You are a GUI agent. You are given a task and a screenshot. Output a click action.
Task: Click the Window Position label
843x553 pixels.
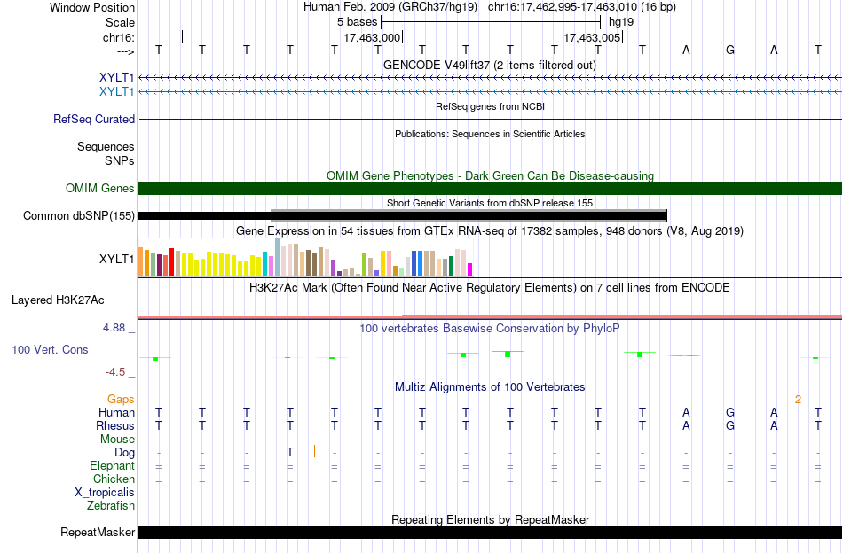coord(92,7)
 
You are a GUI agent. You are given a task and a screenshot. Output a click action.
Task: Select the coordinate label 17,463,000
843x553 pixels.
coord(372,37)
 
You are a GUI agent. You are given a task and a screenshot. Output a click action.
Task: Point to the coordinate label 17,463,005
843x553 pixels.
coord(592,37)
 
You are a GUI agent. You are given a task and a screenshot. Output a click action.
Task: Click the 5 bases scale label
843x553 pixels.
coord(357,22)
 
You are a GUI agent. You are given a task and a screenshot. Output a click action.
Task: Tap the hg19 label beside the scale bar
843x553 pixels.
coord(621,22)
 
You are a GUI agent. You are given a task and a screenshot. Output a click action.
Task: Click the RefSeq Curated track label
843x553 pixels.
coord(94,119)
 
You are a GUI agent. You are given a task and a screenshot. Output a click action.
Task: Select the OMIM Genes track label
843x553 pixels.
coord(100,189)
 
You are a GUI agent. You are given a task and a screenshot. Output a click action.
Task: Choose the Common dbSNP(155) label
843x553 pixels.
coord(79,216)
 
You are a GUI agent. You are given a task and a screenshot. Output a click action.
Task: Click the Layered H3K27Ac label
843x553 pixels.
coord(58,300)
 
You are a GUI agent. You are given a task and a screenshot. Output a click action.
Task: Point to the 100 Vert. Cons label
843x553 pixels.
coord(50,349)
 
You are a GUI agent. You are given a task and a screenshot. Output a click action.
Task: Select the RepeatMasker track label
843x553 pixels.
coord(98,532)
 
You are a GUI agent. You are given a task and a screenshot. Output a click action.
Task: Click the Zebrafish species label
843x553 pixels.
coord(111,505)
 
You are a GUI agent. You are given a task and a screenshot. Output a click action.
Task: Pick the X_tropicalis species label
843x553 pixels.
coord(105,493)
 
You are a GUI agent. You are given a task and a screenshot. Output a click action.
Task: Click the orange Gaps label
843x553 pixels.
coord(121,399)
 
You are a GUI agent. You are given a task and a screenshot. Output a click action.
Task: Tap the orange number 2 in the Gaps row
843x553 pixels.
coord(799,400)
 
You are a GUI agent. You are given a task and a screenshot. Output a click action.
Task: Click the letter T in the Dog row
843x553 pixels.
coord(290,452)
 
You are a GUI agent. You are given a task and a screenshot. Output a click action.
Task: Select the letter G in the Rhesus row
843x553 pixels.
coord(730,425)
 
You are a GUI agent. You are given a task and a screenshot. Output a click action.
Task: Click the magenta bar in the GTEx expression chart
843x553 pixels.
coord(470,269)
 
